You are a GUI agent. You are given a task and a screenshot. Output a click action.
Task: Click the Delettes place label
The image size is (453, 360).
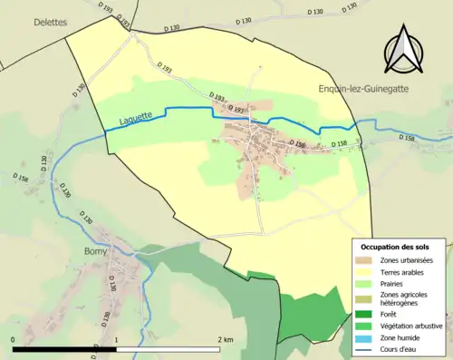50,22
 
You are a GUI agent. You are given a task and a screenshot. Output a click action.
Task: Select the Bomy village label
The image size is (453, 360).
95,251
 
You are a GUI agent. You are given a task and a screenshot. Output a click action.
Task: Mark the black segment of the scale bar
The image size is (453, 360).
64,349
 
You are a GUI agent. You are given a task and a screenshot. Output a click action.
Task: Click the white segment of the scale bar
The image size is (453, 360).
168,349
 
